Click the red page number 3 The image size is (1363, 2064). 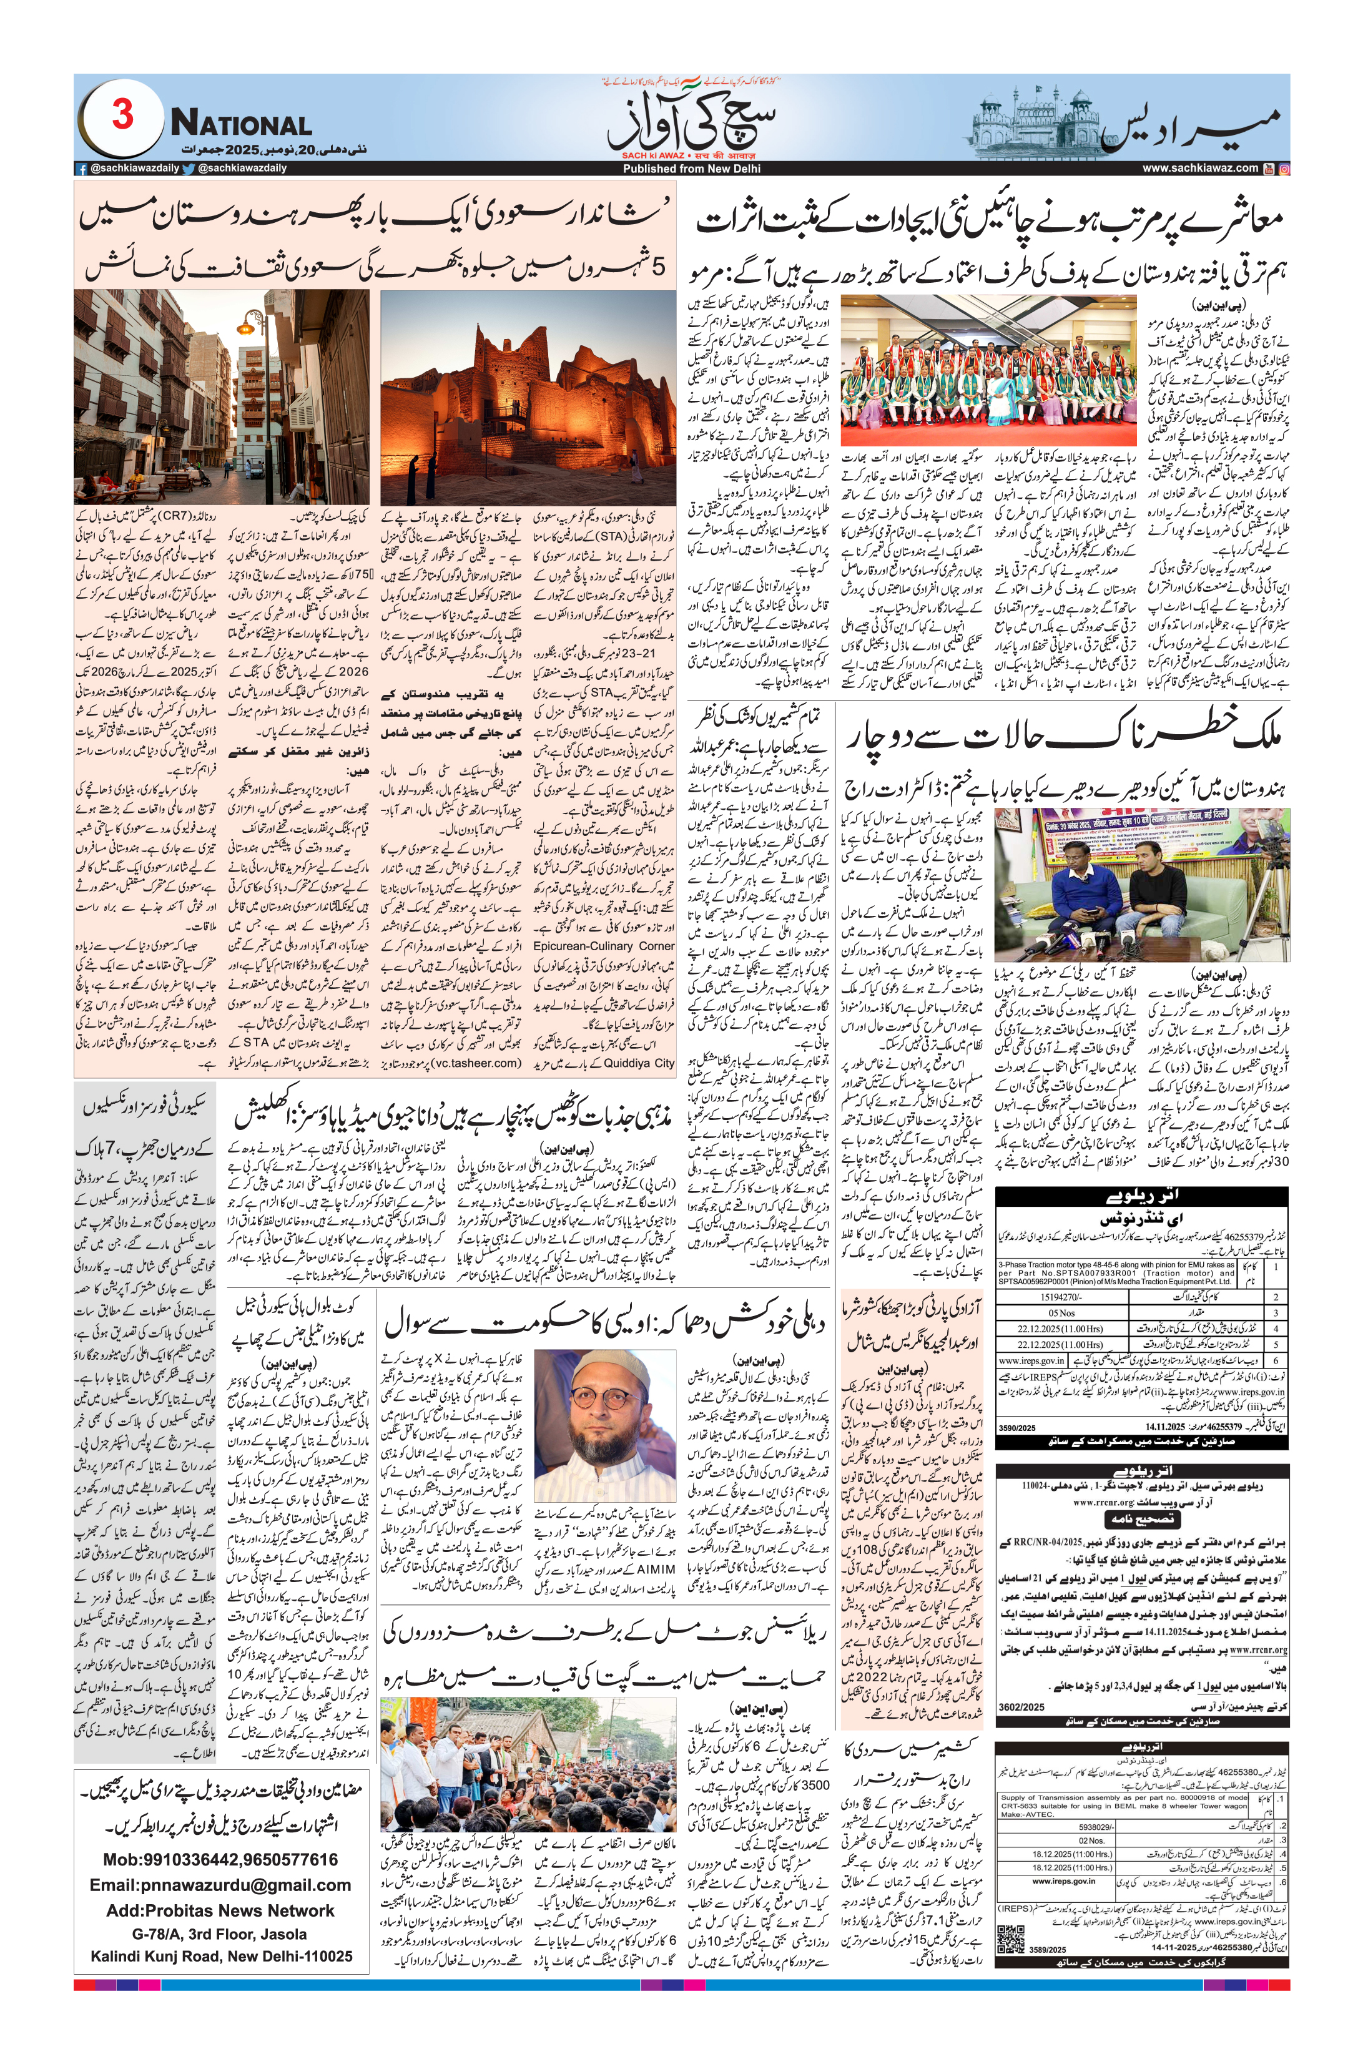click(x=122, y=115)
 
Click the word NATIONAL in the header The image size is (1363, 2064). click(x=241, y=124)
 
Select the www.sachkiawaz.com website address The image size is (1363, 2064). click(x=1199, y=169)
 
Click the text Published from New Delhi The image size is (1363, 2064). click(x=691, y=169)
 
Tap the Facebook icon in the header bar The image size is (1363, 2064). click(x=82, y=169)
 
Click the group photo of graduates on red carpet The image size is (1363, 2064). click(x=989, y=371)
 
